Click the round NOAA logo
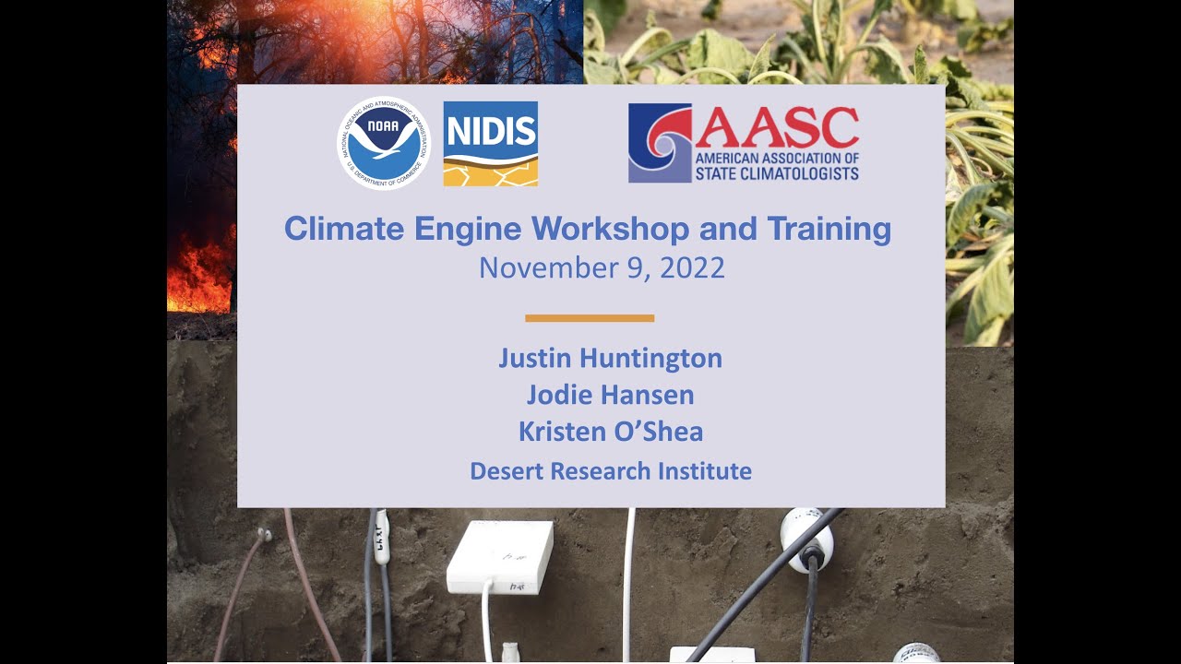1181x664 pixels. click(384, 143)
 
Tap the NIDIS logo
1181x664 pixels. click(490, 143)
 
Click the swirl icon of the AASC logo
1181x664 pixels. click(659, 143)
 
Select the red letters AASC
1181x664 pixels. click(777, 127)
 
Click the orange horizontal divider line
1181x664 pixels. click(590, 318)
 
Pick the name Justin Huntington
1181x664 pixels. click(610, 358)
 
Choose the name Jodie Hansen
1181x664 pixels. click(610, 396)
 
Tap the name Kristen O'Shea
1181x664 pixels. click(610, 432)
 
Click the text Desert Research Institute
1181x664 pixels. click(610, 471)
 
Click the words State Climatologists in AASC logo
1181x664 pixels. click(776, 173)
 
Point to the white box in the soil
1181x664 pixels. click(499, 556)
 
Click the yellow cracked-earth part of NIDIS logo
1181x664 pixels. click(490, 172)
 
